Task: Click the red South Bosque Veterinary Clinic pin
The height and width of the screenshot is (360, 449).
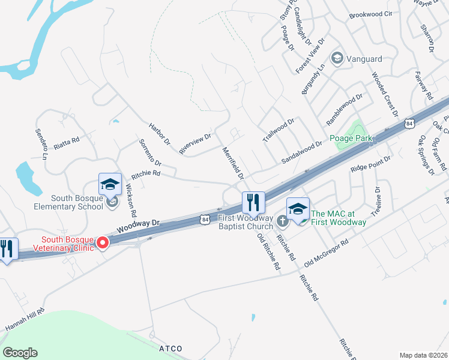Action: (x=102, y=242)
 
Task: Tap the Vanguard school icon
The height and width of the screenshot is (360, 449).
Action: (x=337, y=58)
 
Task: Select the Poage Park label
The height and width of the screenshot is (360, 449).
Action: (x=351, y=139)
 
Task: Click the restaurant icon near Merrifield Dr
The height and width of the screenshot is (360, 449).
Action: (x=253, y=202)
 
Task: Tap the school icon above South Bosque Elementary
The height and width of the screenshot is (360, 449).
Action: (x=110, y=184)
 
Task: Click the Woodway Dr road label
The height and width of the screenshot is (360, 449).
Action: (x=139, y=226)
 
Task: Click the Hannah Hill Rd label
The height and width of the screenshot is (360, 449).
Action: (x=25, y=319)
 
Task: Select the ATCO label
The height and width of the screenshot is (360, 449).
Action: (x=170, y=349)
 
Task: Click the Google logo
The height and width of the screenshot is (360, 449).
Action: (x=20, y=353)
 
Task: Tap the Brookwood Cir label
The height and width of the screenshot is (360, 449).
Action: (x=370, y=14)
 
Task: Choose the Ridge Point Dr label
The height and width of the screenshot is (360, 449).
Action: (x=370, y=164)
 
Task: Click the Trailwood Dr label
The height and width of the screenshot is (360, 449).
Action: (x=279, y=130)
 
